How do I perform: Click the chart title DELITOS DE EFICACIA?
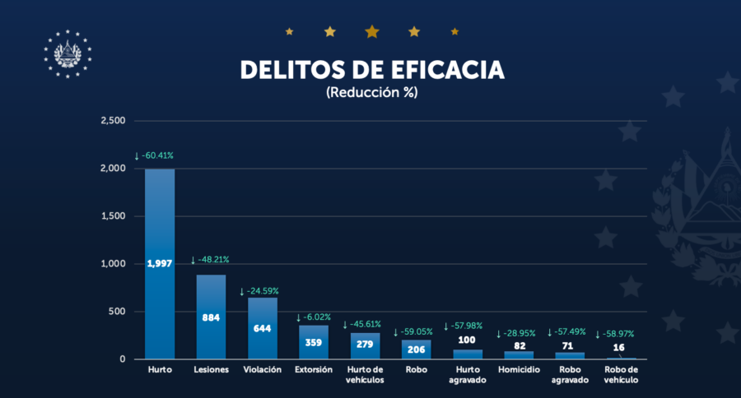point(371,69)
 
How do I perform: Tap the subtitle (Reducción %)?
point(372,92)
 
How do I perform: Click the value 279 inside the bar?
point(365,345)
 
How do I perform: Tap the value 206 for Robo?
point(416,349)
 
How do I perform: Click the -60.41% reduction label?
point(157,155)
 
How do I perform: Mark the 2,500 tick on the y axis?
point(112,121)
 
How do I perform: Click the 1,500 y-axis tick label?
point(112,216)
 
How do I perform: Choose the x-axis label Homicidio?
point(519,370)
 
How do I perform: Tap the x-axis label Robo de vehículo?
point(621,375)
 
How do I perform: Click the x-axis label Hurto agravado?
point(468,375)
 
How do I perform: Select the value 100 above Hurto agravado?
point(468,340)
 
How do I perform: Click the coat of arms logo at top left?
point(68,53)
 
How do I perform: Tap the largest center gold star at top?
point(372,31)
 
